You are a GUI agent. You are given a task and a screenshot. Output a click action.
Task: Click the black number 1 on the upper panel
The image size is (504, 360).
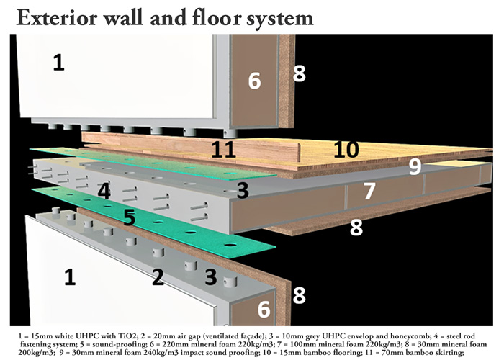point(58,63)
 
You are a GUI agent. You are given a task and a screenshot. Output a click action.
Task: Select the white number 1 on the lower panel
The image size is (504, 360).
point(70,276)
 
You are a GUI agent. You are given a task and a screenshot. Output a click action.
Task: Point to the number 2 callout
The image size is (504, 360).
point(158,276)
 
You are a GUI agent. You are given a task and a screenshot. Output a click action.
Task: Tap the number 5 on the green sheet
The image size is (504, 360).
point(129,217)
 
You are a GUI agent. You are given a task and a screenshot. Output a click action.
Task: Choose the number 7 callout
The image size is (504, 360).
point(369,191)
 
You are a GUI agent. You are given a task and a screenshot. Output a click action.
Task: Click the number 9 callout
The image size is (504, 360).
point(414,167)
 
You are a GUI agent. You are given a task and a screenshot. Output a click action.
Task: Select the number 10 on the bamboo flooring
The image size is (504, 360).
point(346,149)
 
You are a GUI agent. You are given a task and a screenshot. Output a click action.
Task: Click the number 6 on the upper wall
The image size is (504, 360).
point(254,81)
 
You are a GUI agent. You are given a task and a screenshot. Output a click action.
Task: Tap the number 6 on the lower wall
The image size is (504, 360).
point(264,310)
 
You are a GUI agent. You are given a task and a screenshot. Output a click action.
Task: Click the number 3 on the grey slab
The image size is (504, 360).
point(243,190)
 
